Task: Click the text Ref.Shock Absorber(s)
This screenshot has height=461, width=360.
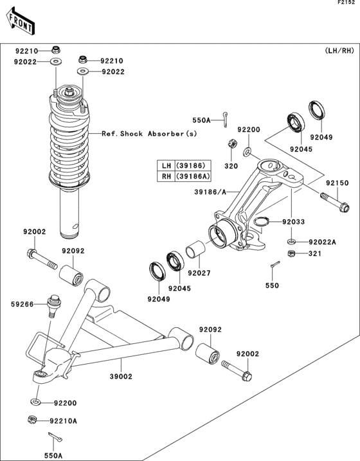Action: point(149,134)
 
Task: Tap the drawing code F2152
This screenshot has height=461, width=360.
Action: point(348,4)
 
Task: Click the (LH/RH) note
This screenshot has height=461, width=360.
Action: point(339,51)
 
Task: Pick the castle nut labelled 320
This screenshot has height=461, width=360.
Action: point(231,143)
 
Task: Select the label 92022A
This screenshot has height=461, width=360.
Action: point(321,242)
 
